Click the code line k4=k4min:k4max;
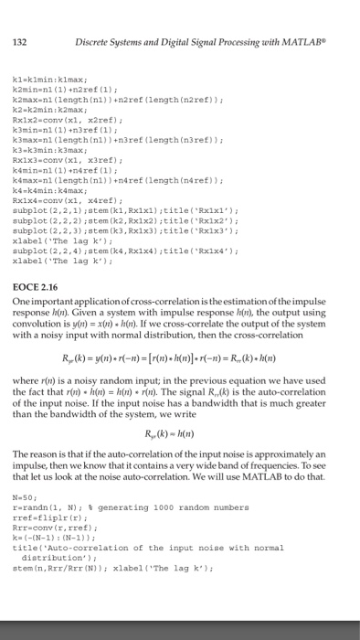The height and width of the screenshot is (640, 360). tap(50, 168)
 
